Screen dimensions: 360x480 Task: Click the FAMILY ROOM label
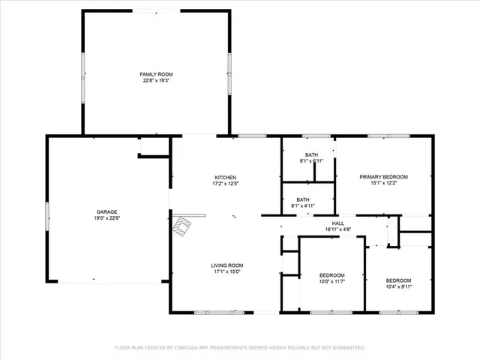coord(156,74)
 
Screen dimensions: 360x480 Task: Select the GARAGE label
coord(106,212)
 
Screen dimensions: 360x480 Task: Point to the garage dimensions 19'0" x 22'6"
coord(106,218)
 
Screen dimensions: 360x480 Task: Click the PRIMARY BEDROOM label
coord(382,177)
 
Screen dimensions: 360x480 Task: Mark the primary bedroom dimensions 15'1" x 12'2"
coord(382,183)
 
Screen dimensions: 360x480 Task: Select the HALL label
coord(338,223)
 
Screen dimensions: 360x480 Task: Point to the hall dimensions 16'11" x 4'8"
coord(338,229)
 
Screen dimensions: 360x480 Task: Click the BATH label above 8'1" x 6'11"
coord(311,154)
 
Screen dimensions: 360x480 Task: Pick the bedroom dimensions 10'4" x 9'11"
coord(398,286)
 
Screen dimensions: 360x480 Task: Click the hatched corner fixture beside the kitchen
coord(181,226)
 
